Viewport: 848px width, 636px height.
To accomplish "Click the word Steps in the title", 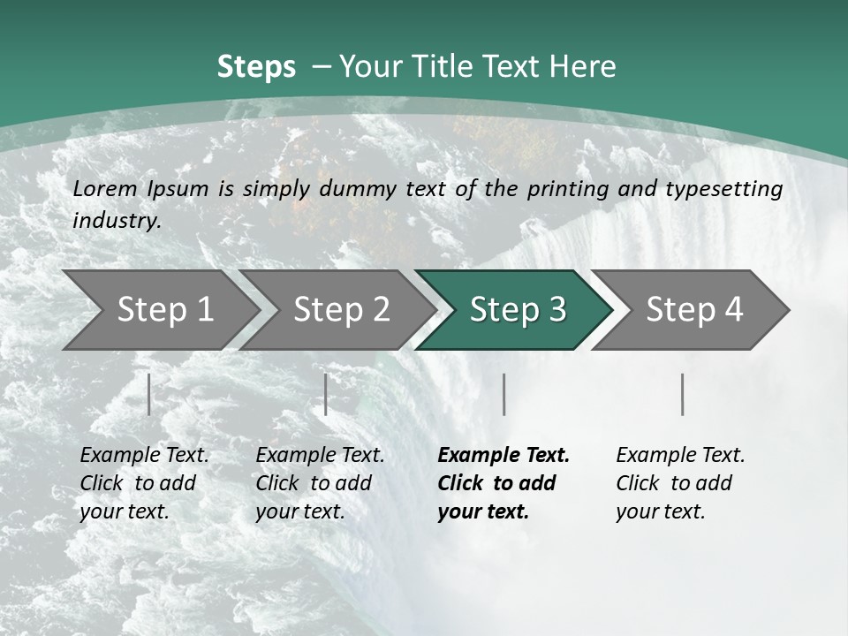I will tap(256, 67).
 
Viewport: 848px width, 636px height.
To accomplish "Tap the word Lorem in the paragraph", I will tap(105, 188).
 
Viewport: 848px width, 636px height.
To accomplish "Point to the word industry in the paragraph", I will tap(117, 221).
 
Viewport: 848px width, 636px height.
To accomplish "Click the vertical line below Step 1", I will tap(149, 394).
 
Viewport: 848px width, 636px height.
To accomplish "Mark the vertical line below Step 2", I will tap(326, 394).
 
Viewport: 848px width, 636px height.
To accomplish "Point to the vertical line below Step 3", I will tap(503, 394).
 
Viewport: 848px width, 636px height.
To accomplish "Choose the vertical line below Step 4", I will tap(683, 394).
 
